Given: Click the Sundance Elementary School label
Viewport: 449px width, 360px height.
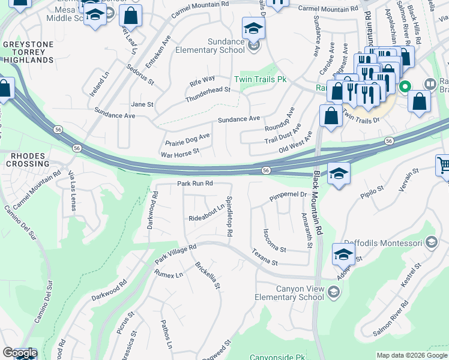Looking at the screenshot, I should point(210,45).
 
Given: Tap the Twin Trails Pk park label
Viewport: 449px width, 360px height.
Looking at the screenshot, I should point(261,79).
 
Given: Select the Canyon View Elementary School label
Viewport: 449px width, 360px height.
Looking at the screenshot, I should point(300,293).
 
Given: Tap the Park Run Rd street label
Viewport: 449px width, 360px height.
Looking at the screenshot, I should point(195,184).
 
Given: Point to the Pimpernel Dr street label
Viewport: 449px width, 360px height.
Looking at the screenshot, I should point(288,195).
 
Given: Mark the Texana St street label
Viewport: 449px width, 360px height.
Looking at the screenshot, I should point(265,257).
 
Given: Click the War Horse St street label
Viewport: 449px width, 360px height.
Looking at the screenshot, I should point(179,154).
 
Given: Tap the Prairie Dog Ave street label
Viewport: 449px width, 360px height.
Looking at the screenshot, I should point(188,140).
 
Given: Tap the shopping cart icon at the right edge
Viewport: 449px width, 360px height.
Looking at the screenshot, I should point(443,166).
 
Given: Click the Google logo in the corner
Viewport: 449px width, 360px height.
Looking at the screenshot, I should point(19,353).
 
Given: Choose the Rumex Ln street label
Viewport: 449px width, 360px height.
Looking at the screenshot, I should point(168,275).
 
